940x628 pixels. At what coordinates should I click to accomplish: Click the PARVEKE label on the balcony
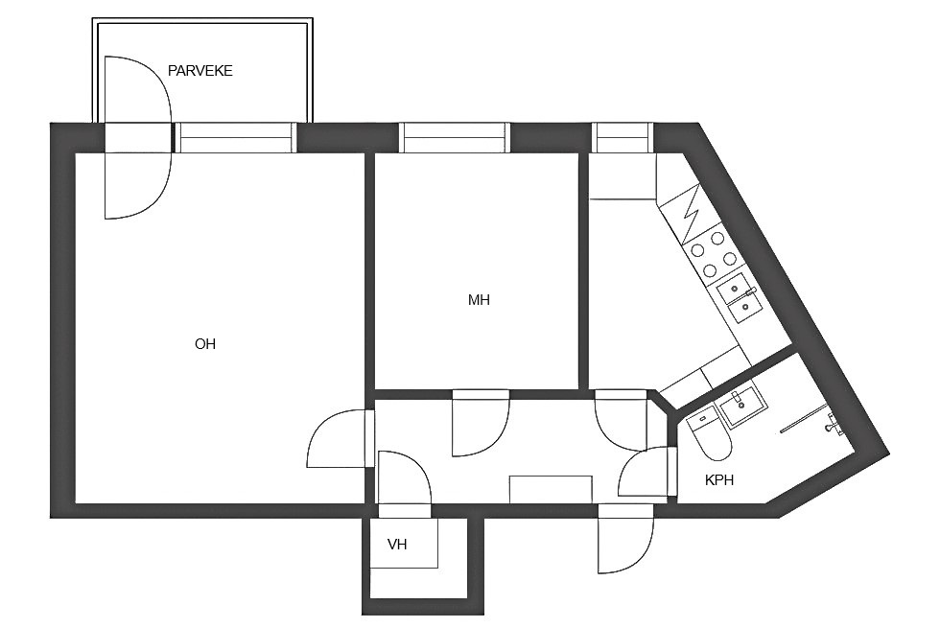(200, 71)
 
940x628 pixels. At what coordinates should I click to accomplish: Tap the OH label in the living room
(205, 344)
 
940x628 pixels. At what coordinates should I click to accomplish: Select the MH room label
(479, 299)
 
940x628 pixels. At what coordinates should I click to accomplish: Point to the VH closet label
(397, 545)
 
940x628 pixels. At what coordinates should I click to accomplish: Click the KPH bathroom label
(719, 480)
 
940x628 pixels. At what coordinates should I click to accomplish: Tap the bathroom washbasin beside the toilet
(742, 406)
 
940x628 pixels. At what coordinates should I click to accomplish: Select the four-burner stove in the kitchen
(714, 254)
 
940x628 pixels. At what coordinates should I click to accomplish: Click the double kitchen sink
(740, 298)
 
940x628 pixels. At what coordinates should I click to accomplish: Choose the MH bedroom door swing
(481, 425)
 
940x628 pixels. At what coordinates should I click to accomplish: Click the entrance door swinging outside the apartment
(625, 539)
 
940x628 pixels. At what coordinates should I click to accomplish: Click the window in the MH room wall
(454, 138)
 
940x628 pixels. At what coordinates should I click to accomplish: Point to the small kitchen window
(623, 138)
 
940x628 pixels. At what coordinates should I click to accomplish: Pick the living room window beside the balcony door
(236, 138)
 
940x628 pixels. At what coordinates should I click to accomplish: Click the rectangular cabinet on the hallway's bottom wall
(551, 490)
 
